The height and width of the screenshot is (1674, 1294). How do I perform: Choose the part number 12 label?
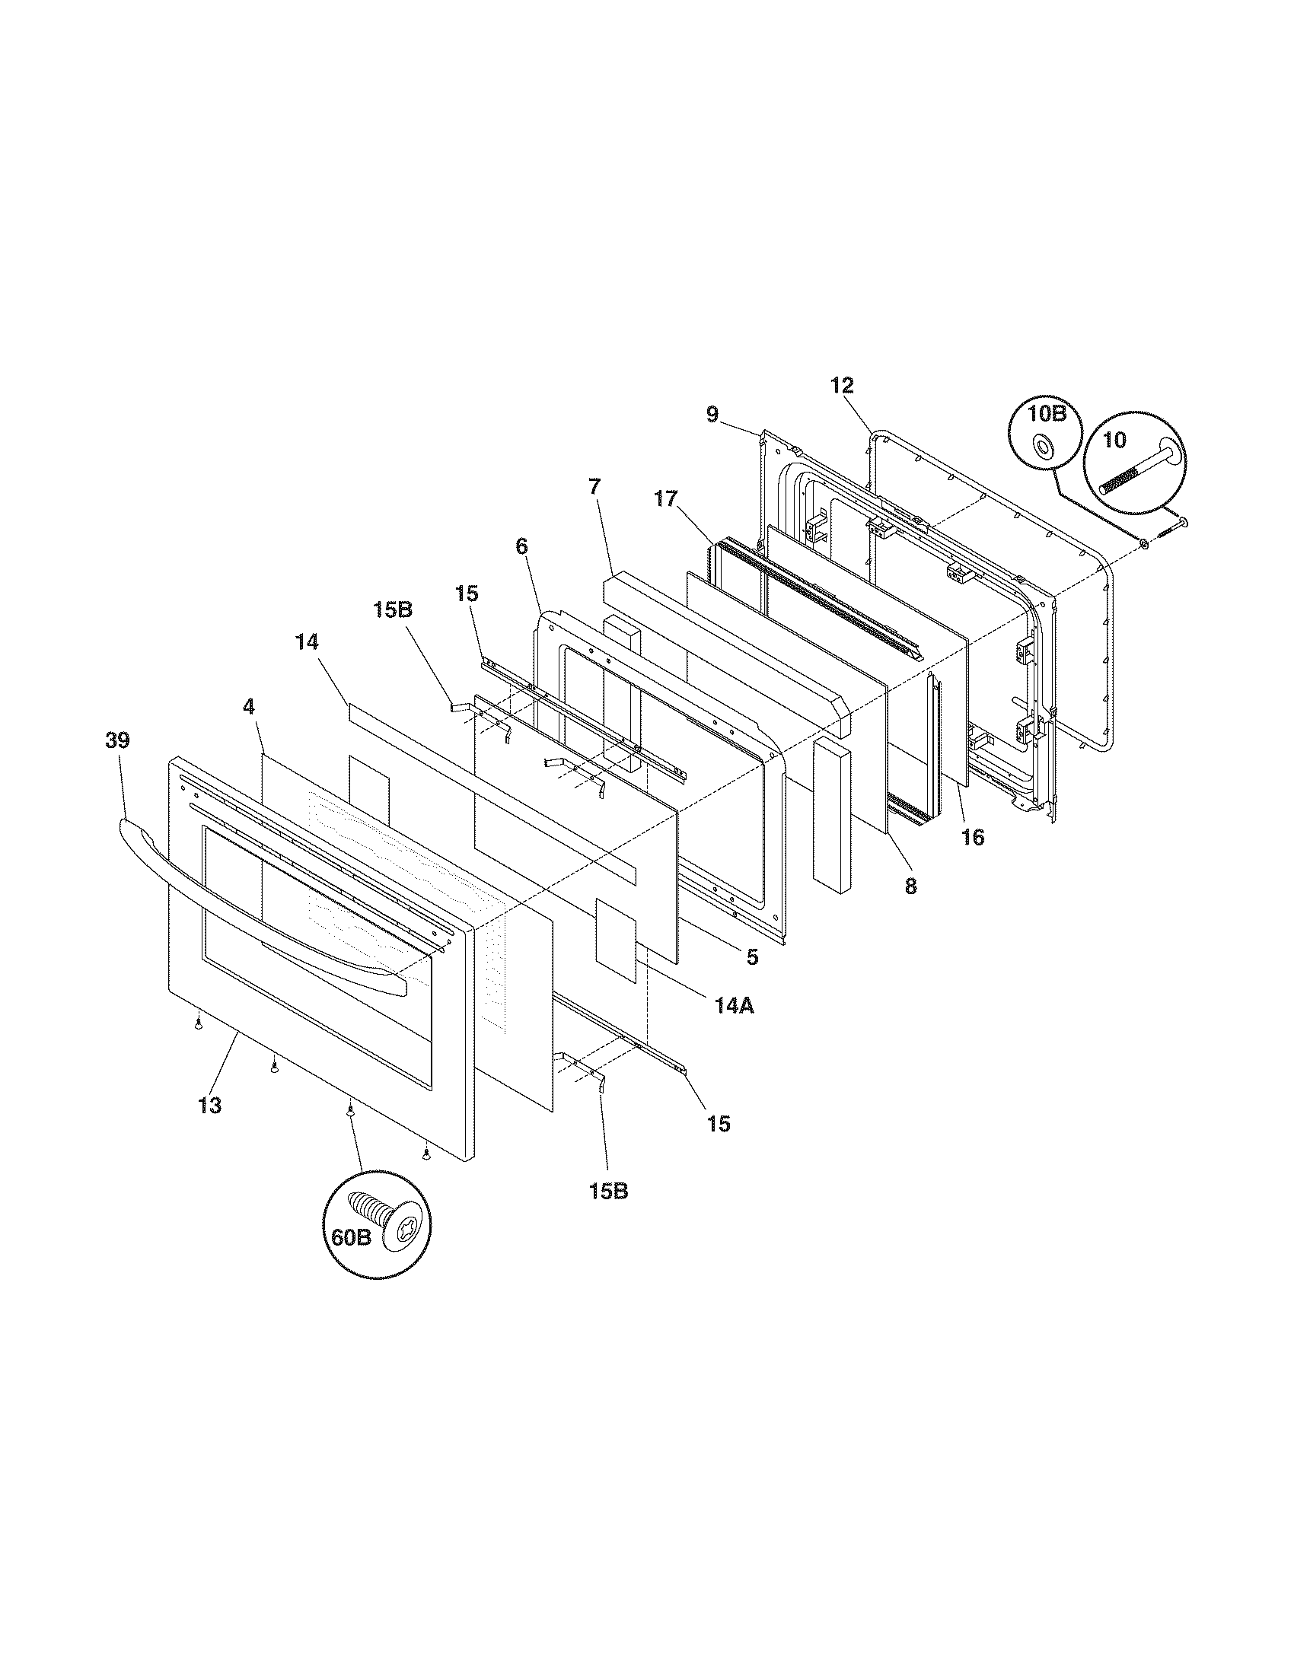click(842, 386)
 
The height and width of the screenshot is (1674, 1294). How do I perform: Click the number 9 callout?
click(712, 415)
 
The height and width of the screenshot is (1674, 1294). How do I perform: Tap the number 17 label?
click(666, 499)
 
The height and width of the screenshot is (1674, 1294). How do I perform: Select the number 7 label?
click(595, 486)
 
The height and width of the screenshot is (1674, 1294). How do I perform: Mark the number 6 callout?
click(521, 546)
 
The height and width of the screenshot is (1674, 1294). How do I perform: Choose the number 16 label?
click(973, 837)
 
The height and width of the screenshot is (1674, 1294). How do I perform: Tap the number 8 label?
click(910, 886)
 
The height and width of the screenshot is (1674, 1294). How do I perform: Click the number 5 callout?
click(752, 956)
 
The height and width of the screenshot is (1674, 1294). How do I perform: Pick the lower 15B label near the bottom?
click(609, 1192)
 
